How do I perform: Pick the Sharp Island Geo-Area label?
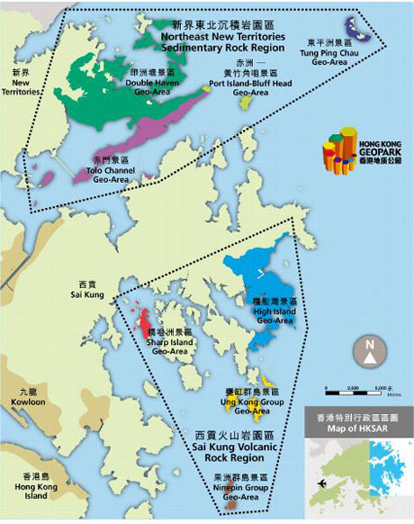pyautogui.click(x=170, y=344)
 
